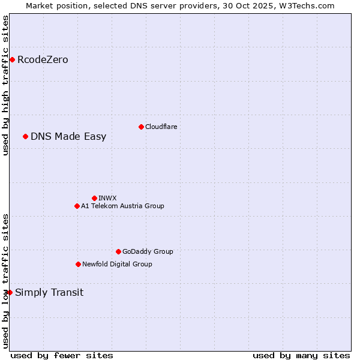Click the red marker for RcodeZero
[x=12, y=59]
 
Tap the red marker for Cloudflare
[x=141, y=127]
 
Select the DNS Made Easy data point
[x=25, y=136]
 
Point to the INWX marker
[x=94, y=198]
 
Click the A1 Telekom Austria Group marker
[x=77, y=206]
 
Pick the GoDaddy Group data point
[x=118, y=251]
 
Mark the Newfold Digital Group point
[x=78, y=264]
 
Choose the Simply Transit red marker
[x=10, y=292]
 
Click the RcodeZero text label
[x=43, y=59]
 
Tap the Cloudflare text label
[x=161, y=127]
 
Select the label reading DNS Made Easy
[x=68, y=136]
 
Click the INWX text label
[x=107, y=198]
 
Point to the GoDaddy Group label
[x=148, y=251]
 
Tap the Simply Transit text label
[x=49, y=292]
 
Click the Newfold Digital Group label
[x=117, y=264]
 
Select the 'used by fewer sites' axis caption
[x=62, y=355]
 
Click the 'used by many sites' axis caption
[x=301, y=355]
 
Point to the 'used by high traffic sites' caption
[x=5, y=85]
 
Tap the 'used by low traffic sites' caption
[x=5, y=280]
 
